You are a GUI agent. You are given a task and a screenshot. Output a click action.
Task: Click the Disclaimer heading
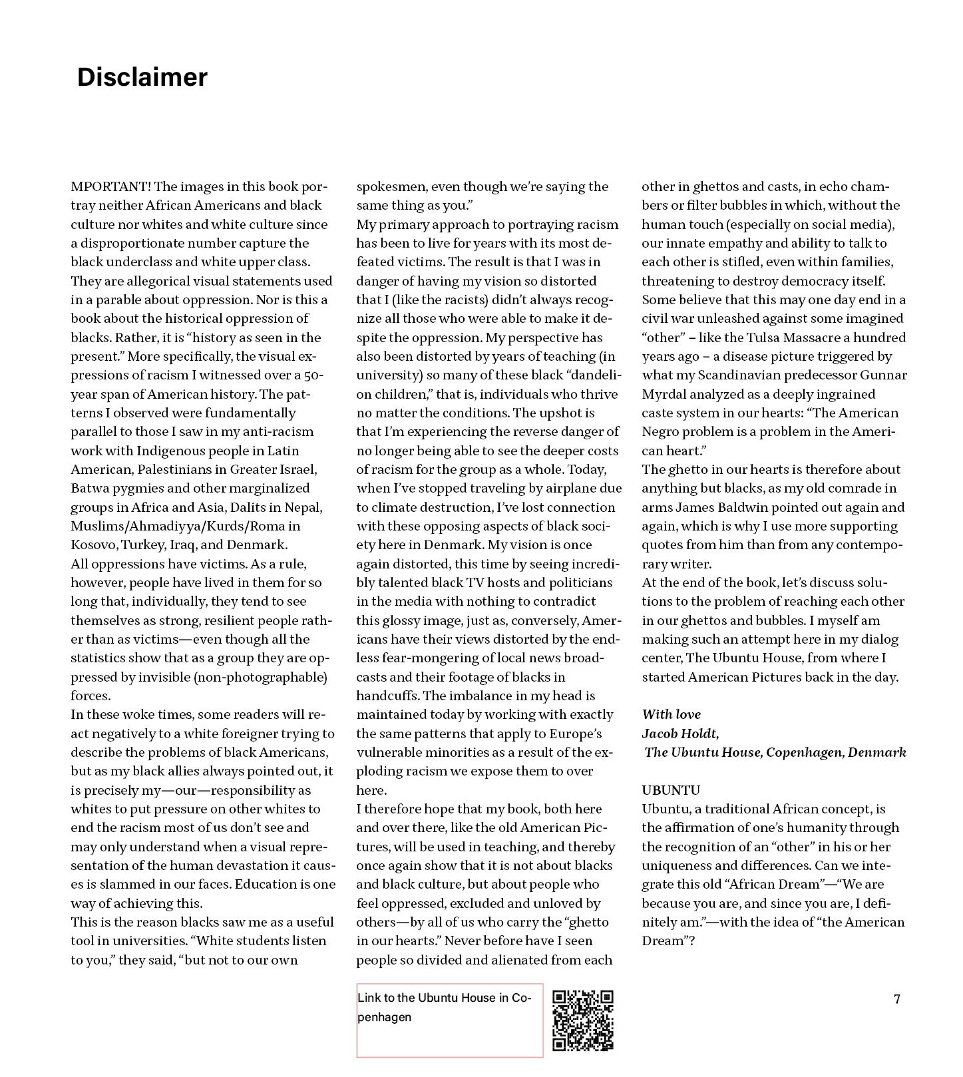point(142,77)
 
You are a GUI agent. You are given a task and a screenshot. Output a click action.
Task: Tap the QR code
point(583,1020)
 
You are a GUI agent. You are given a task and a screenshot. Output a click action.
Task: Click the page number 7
point(896,999)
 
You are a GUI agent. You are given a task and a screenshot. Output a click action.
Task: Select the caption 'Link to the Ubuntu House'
point(444,1007)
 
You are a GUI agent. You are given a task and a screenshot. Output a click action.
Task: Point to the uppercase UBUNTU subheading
point(671,791)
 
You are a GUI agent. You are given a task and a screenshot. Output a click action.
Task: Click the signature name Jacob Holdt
point(679,734)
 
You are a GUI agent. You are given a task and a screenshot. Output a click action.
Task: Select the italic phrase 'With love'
point(671,715)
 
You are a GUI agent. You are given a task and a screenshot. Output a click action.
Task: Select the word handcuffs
point(387,696)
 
